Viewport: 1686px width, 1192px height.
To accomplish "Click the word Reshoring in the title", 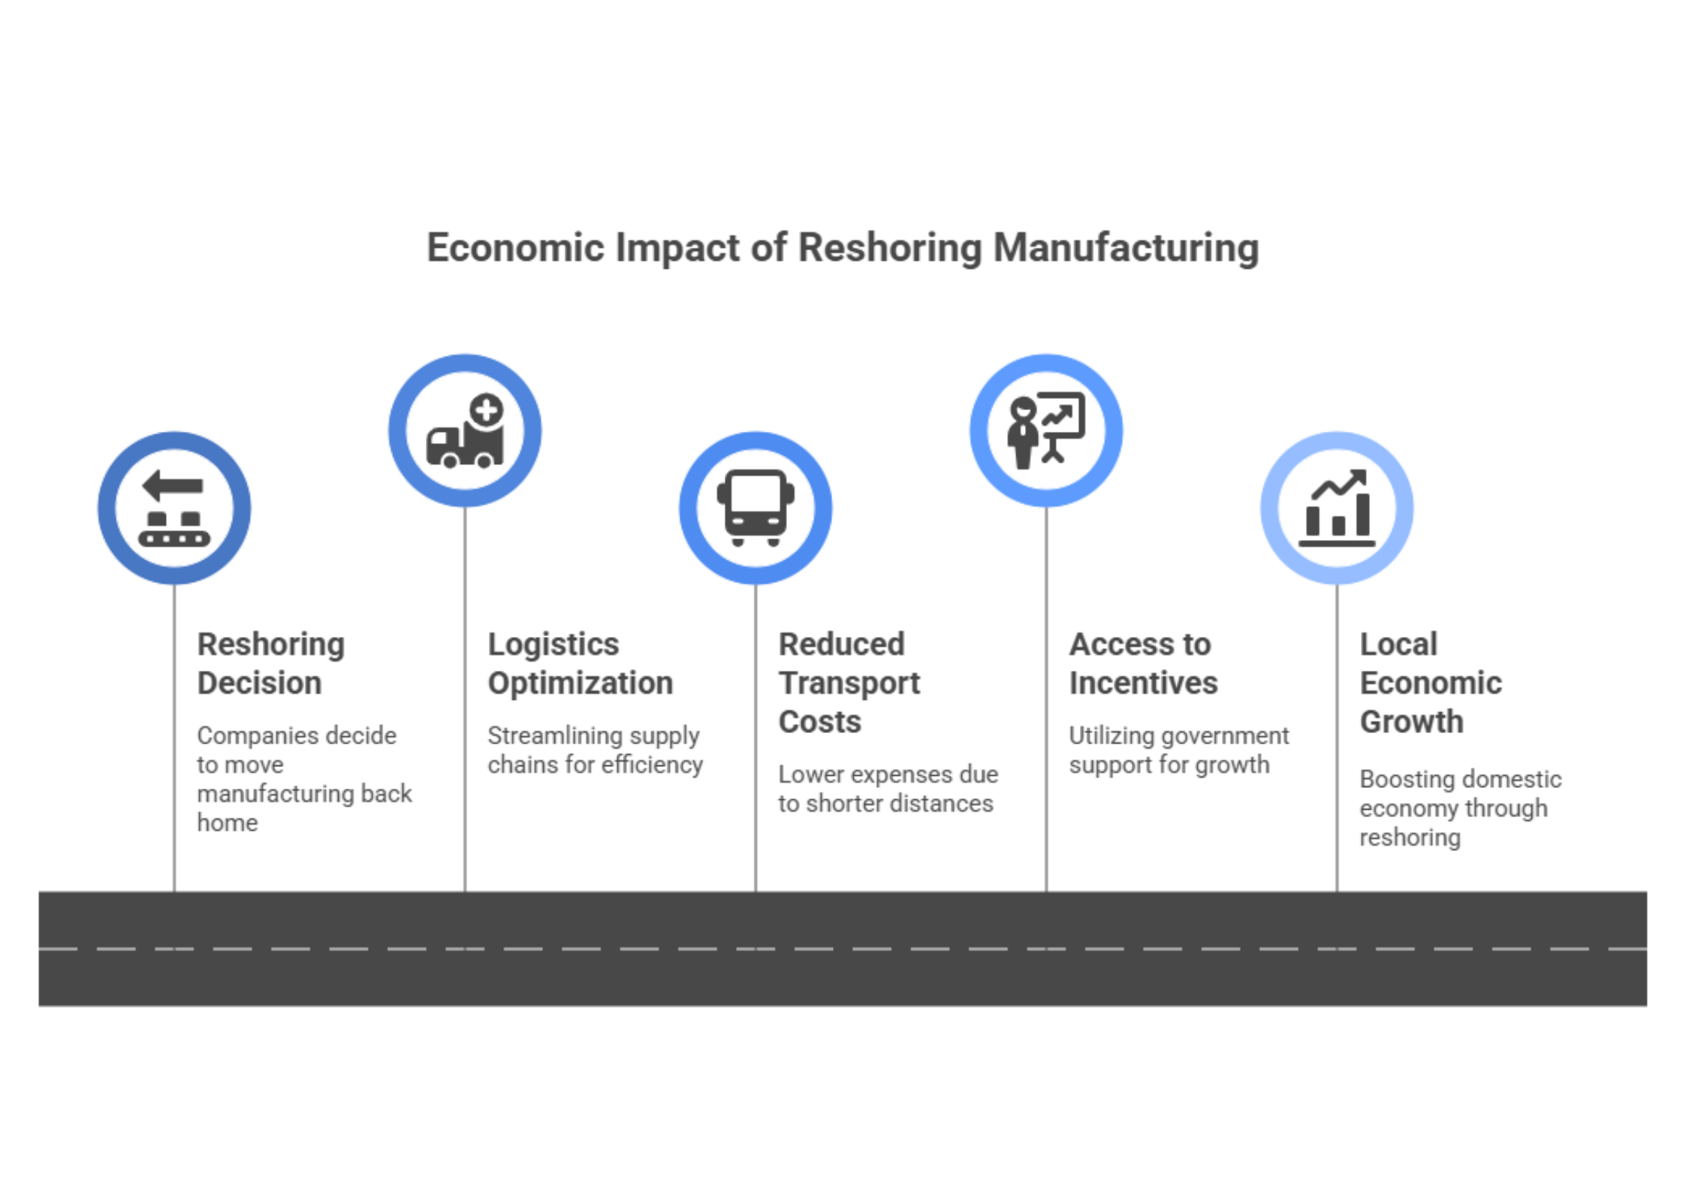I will coord(888,249).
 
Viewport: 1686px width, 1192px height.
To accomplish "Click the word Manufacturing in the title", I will coord(1126,249).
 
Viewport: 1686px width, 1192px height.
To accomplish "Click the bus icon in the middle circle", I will coord(755,508).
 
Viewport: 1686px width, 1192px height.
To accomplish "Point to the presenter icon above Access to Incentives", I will coord(1045,430).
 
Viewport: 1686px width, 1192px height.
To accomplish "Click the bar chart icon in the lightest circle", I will coord(1337,507).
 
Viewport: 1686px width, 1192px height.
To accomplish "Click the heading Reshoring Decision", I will coord(270,663).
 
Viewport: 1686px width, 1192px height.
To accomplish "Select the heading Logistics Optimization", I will coord(580,663).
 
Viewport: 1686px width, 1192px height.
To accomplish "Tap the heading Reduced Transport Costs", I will coord(849,682).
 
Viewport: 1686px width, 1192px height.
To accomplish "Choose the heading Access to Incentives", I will coord(1143,663).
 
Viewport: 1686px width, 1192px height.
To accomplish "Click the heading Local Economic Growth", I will coord(1431,682).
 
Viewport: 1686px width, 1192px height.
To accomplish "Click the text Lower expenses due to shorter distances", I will coord(888,789).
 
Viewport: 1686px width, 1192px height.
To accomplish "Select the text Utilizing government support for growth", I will coord(1178,750).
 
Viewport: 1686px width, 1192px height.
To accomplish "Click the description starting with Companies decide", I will coord(304,779).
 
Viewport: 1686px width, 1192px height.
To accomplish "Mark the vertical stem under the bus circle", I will coord(756,736).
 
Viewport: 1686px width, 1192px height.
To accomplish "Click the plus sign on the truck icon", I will coord(487,410).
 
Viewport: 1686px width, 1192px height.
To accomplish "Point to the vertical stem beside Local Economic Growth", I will coord(1337,736).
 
